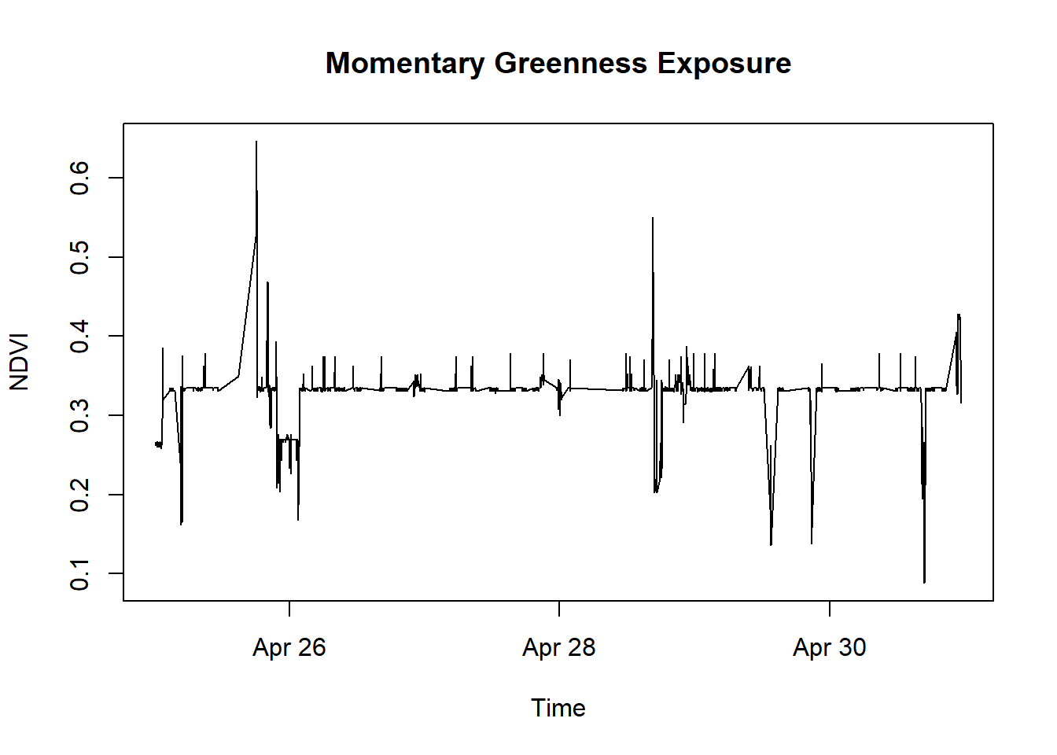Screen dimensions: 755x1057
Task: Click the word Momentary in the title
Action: (405, 64)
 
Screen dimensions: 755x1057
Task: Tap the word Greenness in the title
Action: (570, 64)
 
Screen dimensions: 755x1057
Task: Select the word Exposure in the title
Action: (724, 64)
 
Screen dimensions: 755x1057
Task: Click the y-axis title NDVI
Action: (19, 362)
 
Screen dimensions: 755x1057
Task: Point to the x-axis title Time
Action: (558, 708)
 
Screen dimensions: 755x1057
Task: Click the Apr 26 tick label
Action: (289, 647)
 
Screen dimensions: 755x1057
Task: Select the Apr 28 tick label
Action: (558, 647)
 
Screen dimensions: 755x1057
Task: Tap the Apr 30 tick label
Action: (829, 647)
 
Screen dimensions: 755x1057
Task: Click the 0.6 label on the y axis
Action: (79, 178)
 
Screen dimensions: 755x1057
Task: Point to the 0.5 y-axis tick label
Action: (79, 257)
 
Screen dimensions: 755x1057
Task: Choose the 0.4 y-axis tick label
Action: (79, 337)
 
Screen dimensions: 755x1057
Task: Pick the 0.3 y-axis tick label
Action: (79, 415)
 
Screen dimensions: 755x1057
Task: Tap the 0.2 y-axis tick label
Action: (79, 495)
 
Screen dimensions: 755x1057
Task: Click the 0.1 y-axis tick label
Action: (79, 574)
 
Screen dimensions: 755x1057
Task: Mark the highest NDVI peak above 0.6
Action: (256, 142)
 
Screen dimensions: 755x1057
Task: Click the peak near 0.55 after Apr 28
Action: (652, 219)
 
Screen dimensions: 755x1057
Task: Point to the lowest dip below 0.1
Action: (924, 582)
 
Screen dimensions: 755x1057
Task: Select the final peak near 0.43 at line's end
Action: (959, 315)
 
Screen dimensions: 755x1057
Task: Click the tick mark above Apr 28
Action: (559, 609)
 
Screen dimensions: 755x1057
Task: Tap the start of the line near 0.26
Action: (157, 444)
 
